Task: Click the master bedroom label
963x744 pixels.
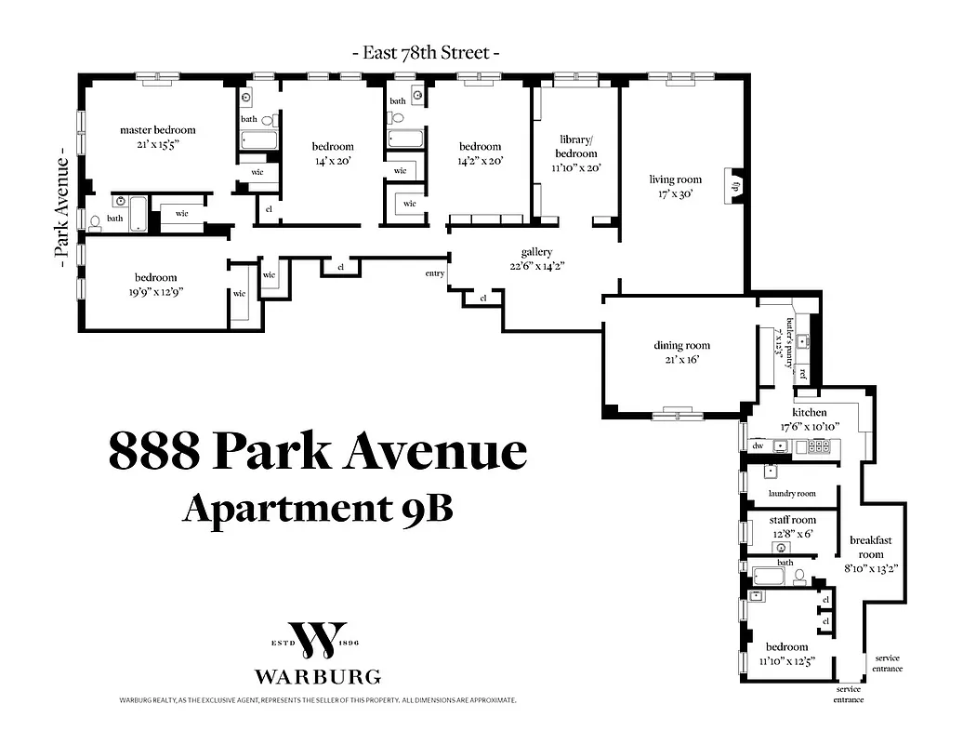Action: click(158, 129)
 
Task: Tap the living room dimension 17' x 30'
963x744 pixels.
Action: click(675, 195)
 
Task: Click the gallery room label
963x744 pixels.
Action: click(536, 252)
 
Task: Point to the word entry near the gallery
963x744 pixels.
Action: click(434, 273)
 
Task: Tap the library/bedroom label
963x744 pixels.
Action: click(576, 146)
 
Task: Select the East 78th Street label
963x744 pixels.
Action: click(427, 53)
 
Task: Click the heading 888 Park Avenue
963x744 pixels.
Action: click(317, 452)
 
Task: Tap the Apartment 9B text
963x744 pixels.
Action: click(317, 508)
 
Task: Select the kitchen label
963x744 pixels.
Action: click(809, 412)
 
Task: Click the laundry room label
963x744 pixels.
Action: click(792, 493)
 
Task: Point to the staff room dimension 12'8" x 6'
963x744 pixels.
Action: click(792, 534)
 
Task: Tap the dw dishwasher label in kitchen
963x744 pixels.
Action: click(758, 446)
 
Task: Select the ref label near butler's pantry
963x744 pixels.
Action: click(802, 375)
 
